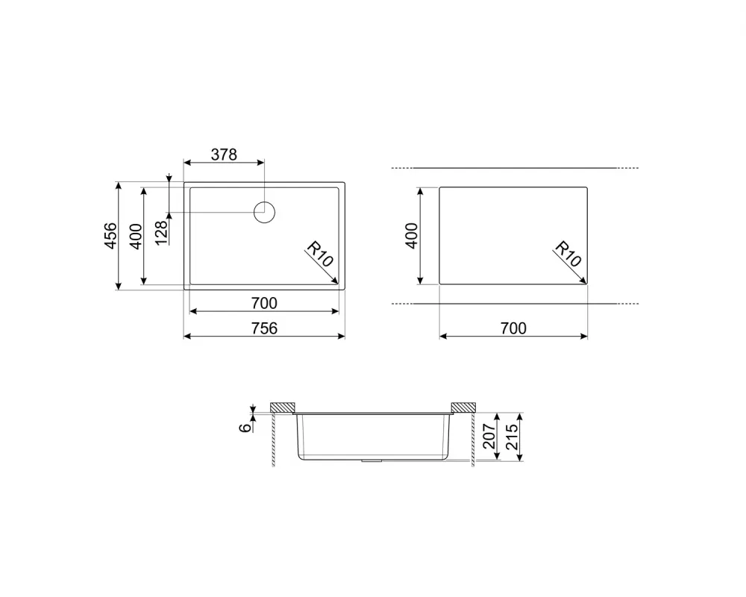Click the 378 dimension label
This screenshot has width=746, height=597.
[x=223, y=154]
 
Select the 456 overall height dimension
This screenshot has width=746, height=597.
[x=110, y=236]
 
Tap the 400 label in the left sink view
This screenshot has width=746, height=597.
[x=135, y=236]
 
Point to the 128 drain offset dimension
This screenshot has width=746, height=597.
[x=161, y=233]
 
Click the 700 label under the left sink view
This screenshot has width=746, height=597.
[x=264, y=303]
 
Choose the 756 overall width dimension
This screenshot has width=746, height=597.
[x=264, y=328]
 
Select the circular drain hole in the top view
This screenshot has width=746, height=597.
[x=265, y=212]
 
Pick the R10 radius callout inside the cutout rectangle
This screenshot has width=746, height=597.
[x=567, y=255]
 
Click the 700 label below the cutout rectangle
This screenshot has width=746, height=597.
[x=513, y=328]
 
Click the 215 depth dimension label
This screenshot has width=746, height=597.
[x=511, y=436]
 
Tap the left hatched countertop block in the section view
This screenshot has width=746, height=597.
[x=283, y=407]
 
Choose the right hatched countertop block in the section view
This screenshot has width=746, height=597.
[x=463, y=407]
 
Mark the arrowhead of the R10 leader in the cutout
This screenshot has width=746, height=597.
[x=584, y=281]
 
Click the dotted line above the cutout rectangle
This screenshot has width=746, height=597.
[x=515, y=168]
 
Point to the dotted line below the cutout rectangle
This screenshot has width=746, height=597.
[x=515, y=304]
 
